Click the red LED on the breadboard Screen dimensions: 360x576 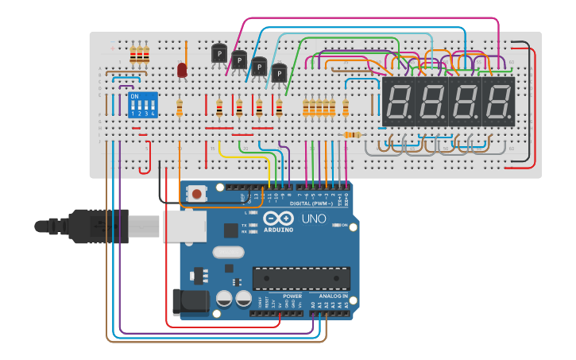pos(182,71)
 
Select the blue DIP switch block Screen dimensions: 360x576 pos(143,104)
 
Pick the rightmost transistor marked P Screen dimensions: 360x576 pos(279,74)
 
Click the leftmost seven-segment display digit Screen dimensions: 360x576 pos(399,101)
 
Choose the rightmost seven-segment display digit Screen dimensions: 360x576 pos(499,101)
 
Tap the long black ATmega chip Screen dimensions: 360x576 pos(301,278)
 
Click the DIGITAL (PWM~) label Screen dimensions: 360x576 pos(311,203)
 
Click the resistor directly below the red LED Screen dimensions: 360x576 pos(180,108)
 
